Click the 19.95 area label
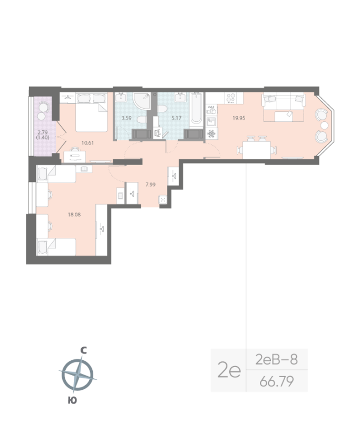(239, 118)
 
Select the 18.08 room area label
(74, 215)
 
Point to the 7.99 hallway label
(150, 184)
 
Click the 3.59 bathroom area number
(126, 118)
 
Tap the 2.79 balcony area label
(42, 133)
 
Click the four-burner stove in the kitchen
(231, 98)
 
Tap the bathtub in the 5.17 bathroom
(196, 109)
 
